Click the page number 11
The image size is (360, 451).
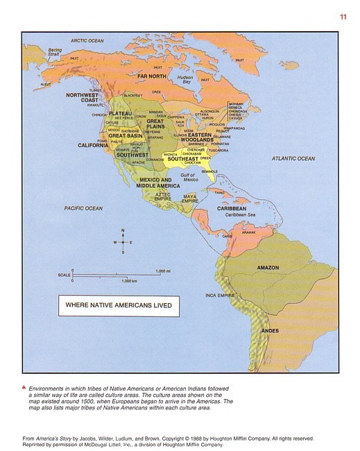pos(343,17)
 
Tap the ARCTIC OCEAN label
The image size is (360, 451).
pos(87,41)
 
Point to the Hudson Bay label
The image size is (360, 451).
pos(184,79)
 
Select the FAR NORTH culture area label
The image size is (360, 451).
pos(152,76)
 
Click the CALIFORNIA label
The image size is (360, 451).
pos(93,146)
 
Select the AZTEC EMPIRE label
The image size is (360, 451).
pos(162,196)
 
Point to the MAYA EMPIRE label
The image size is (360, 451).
pos(190,198)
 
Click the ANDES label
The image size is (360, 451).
pos(269,331)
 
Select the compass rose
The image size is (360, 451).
pos(123,242)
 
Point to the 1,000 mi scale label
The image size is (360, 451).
pos(163,271)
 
